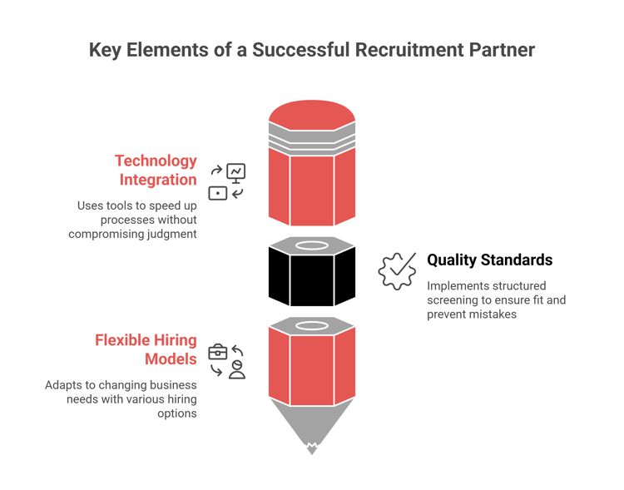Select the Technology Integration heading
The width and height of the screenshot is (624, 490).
(x=156, y=170)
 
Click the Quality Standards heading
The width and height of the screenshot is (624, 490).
(x=489, y=260)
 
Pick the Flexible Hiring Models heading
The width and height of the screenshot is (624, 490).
(x=146, y=349)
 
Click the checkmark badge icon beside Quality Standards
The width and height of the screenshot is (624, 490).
(x=398, y=271)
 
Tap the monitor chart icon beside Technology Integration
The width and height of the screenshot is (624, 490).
(x=236, y=172)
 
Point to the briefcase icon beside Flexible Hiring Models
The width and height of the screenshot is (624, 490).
(x=217, y=351)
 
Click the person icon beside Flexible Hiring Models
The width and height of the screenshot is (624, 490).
(x=237, y=370)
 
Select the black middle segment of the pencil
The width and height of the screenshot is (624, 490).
(x=312, y=279)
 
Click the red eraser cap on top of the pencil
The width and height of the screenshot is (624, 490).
(x=312, y=113)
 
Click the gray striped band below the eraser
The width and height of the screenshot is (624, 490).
(x=312, y=138)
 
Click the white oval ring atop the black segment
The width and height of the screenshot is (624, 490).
(x=312, y=245)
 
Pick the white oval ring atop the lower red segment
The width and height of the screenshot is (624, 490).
(x=312, y=325)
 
